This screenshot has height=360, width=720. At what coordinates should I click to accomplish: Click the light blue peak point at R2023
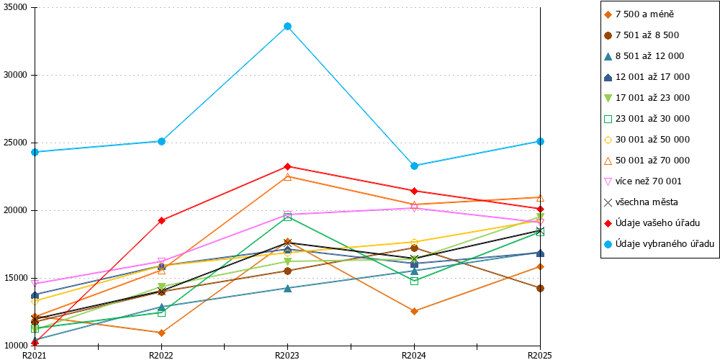287,26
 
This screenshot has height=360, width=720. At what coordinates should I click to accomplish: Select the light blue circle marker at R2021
35,152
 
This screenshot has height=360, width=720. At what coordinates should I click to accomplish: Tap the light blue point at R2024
414,166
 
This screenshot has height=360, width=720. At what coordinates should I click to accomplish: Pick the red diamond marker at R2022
161,220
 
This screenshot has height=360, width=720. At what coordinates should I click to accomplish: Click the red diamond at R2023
287,166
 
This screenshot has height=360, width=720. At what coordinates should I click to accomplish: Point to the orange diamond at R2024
414,311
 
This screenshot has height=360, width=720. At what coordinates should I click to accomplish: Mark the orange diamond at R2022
161,333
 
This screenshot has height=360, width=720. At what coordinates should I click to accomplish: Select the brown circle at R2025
541,289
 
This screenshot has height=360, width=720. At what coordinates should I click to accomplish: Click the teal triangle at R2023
287,289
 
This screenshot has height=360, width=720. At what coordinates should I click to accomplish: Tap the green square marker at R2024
414,281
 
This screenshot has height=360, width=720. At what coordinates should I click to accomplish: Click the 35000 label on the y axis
17,8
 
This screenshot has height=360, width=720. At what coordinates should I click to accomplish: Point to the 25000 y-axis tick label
17,143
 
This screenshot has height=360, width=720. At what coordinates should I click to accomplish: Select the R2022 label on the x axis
161,355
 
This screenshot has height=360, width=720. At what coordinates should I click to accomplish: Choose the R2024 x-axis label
414,355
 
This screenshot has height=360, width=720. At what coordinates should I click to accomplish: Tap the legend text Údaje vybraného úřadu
659,244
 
